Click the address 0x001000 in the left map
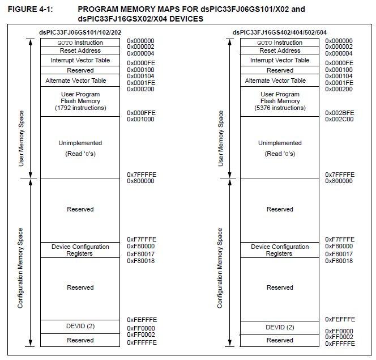(x=140, y=119)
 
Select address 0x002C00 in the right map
(x=339, y=119)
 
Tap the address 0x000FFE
(x=140, y=113)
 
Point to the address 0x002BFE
(x=339, y=113)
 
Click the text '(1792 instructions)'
(x=80, y=108)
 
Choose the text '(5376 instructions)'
(x=280, y=108)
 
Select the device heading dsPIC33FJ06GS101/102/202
(x=80, y=33)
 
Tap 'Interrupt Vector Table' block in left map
(x=80, y=60)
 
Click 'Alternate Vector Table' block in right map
(x=280, y=81)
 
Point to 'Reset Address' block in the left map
(x=80, y=50)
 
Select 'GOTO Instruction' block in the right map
(x=280, y=43)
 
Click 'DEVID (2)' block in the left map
(x=80, y=327)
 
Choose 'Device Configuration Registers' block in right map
(x=280, y=250)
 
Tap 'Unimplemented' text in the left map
(x=80, y=143)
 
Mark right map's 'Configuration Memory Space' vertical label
(x=220, y=268)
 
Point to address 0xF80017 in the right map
(x=339, y=254)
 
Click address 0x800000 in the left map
(x=140, y=181)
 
